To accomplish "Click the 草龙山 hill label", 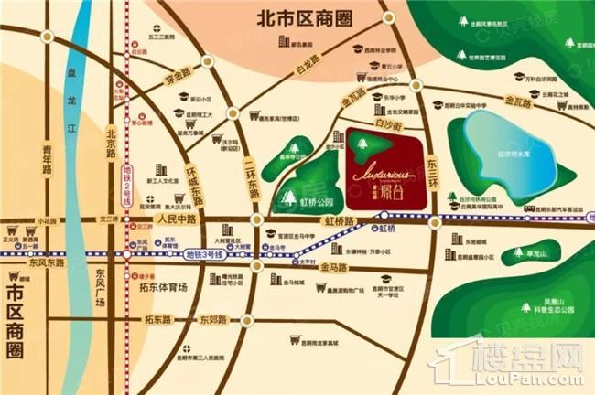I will pos(525,252).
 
